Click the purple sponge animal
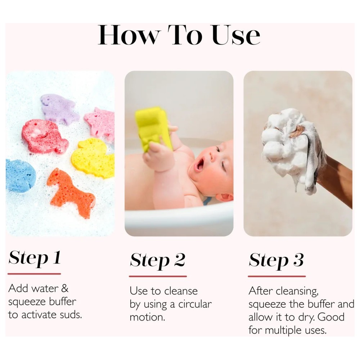click(59, 109)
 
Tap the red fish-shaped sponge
click(44, 136)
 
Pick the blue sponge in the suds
click(20, 175)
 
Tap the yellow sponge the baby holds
click(153, 129)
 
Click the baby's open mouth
click(199, 165)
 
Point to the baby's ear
click(225, 197)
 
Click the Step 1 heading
click(35, 258)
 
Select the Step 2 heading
click(158, 260)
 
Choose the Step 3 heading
click(276, 260)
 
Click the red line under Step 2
click(158, 276)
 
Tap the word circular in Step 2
click(195, 304)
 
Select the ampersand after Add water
click(65, 288)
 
